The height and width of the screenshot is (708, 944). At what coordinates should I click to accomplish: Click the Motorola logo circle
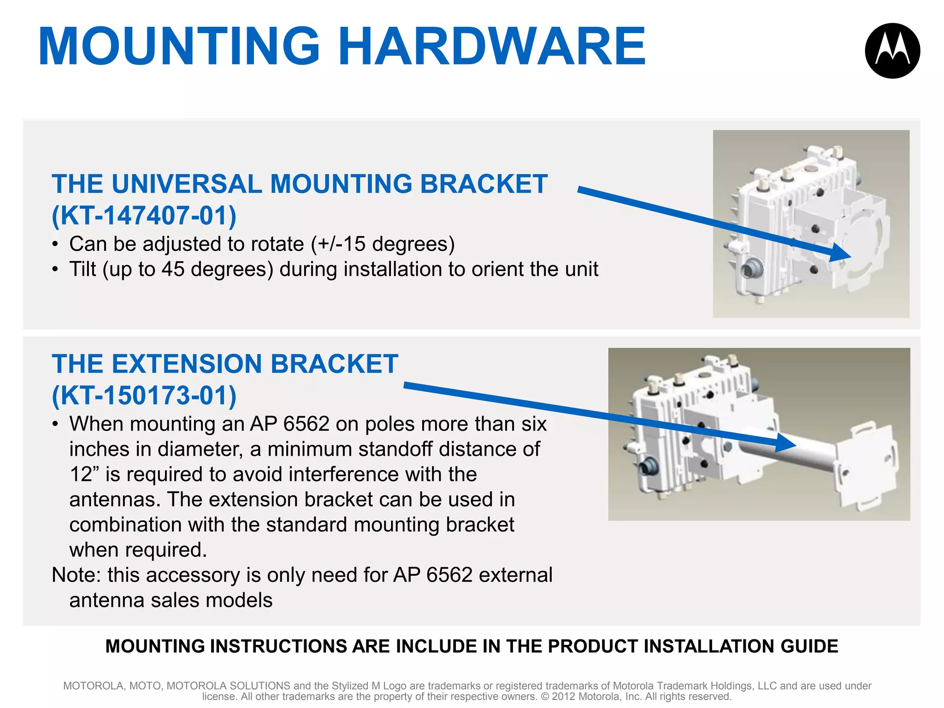[x=892, y=51]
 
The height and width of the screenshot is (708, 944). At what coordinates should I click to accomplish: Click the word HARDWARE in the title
[x=492, y=47]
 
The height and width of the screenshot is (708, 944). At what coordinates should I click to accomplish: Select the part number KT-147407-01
[x=144, y=215]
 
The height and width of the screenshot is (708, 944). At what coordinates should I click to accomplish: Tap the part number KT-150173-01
[x=144, y=395]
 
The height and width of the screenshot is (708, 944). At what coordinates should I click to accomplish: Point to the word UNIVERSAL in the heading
[x=187, y=184]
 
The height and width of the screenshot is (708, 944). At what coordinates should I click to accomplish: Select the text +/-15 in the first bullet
[x=339, y=244]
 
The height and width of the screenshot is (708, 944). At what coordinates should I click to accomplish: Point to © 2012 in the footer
[x=558, y=696]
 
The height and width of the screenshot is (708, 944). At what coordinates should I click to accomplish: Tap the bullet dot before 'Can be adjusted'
[x=55, y=244]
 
